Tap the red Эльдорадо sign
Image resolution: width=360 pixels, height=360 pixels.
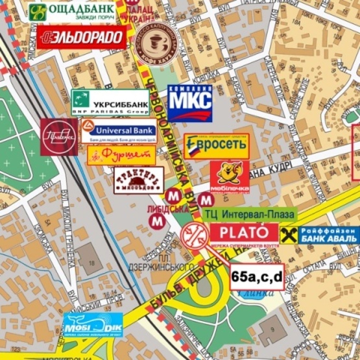pyautogui.click(x=82, y=37)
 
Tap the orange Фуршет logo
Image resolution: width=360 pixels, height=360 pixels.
pyautogui.click(x=121, y=154)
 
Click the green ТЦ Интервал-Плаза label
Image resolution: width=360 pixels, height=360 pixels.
pyautogui.click(x=249, y=214)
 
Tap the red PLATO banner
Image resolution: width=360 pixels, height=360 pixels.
pyautogui.click(x=243, y=233)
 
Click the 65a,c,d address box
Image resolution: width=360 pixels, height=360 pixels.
pyautogui.click(x=257, y=276)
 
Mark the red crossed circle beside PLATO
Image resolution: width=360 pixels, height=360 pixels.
pyautogui.click(x=195, y=234)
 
